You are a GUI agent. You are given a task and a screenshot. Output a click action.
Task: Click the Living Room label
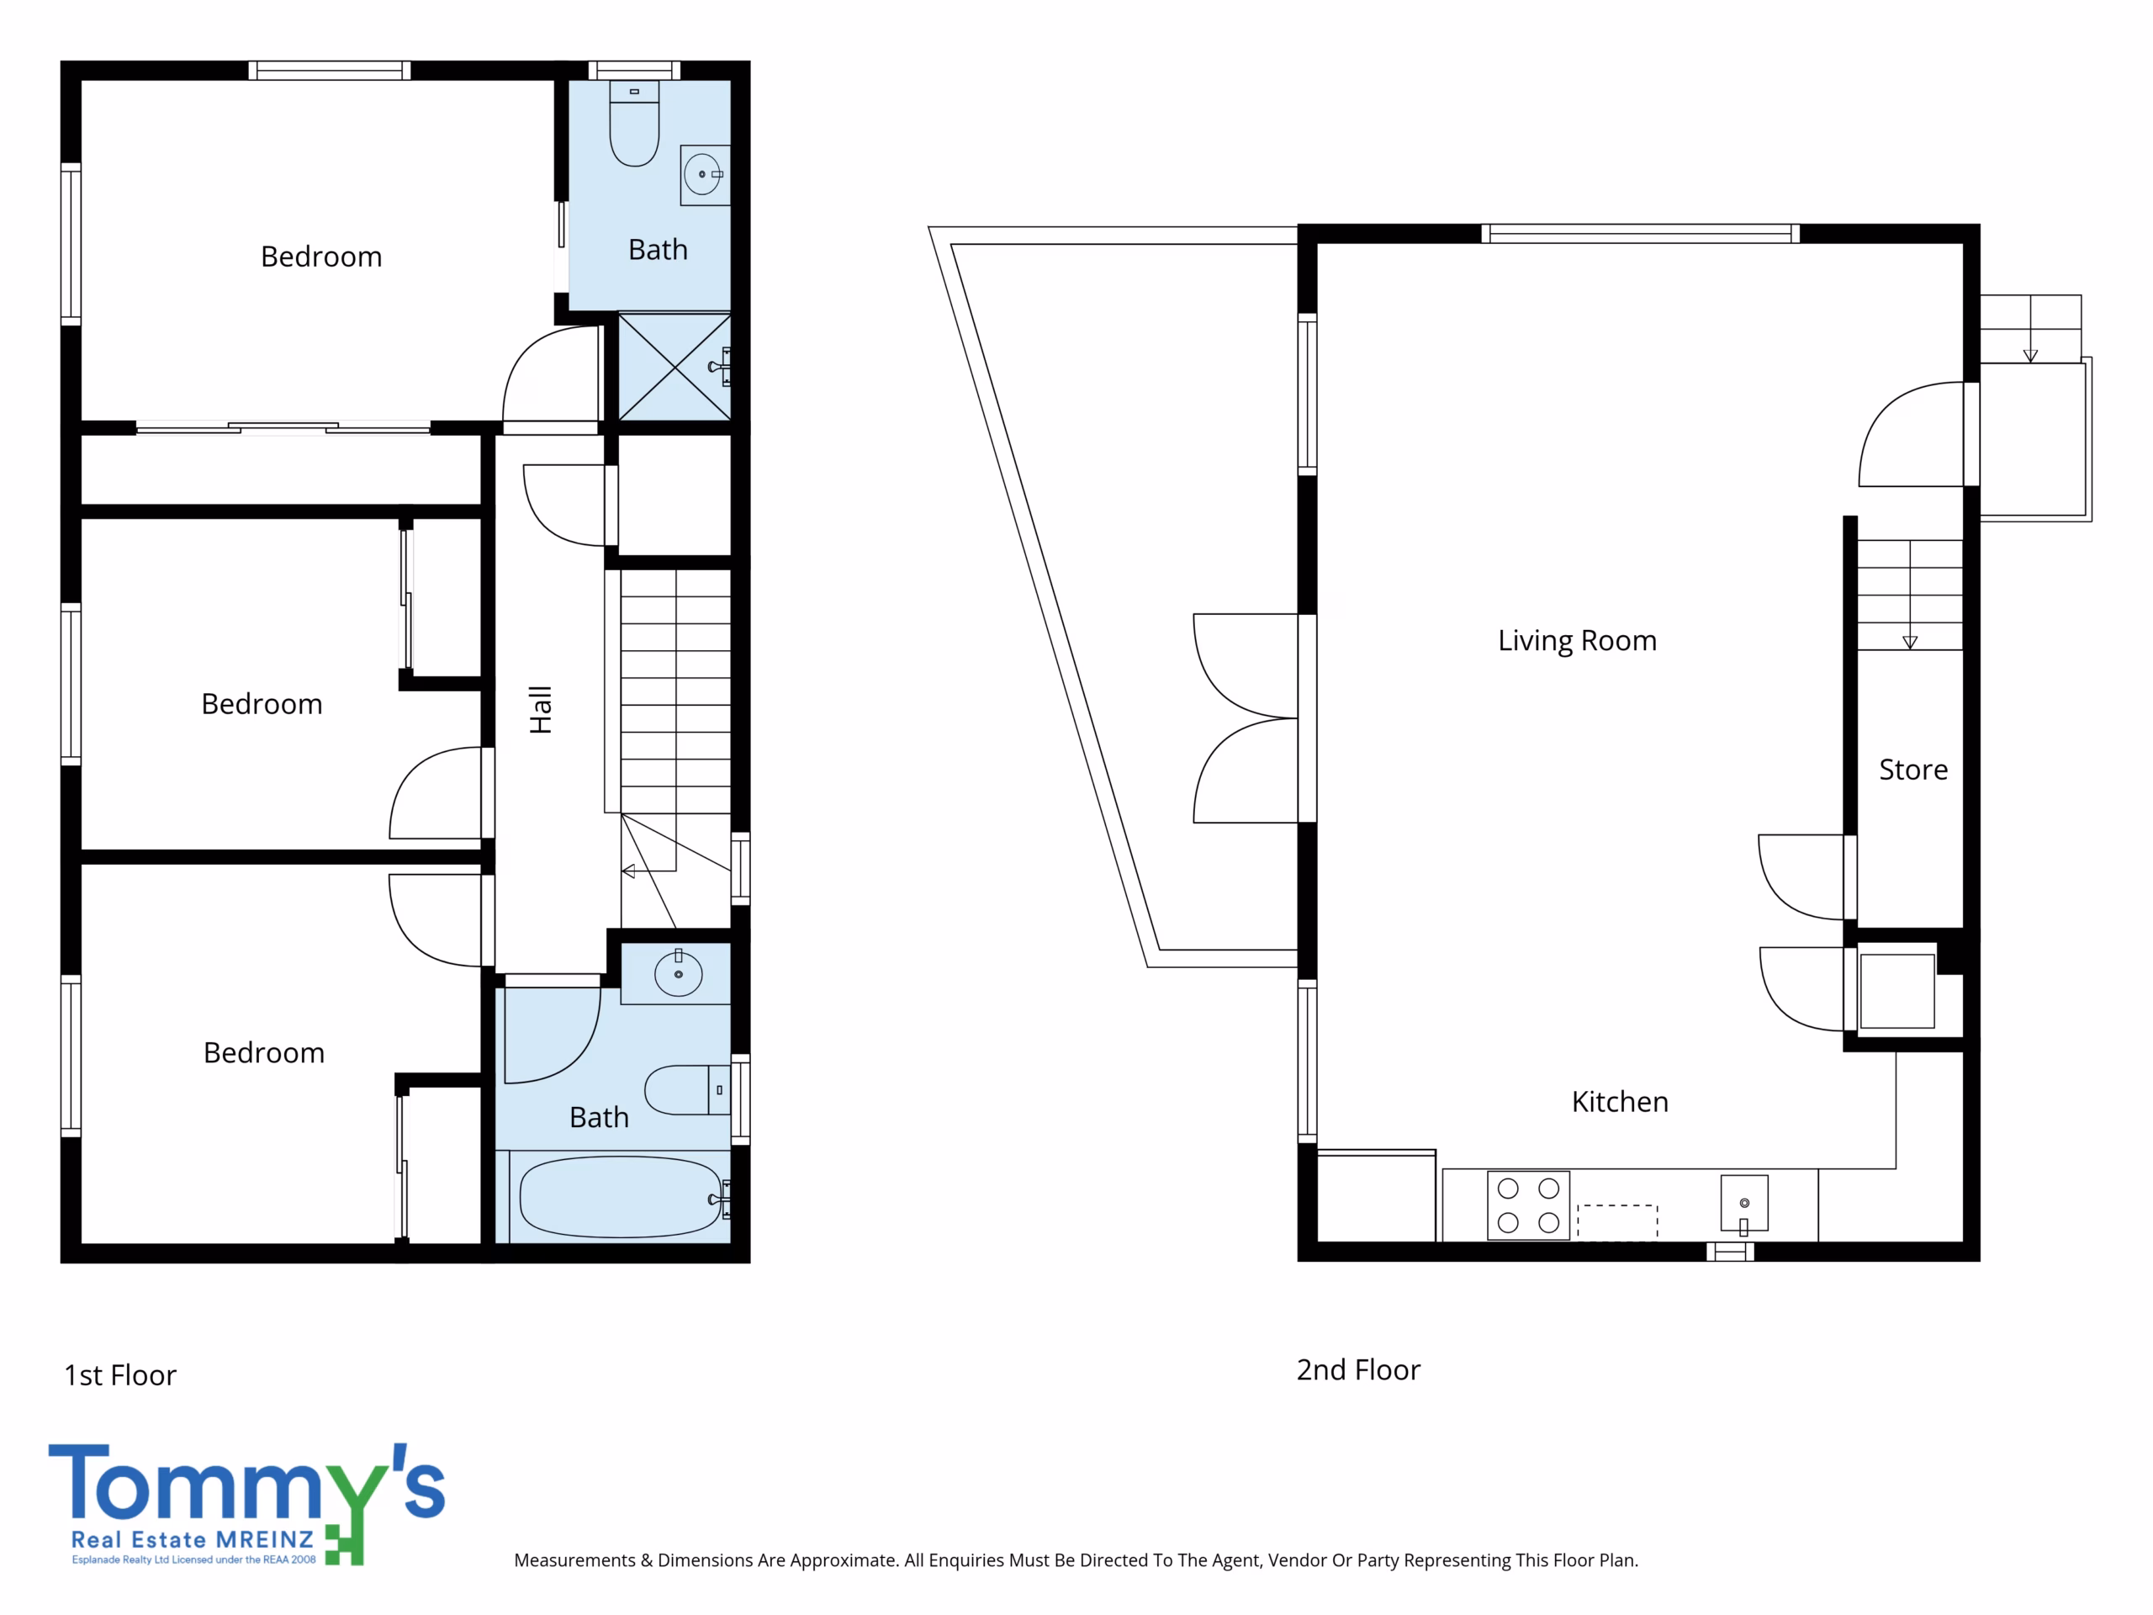[x=1577, y=641]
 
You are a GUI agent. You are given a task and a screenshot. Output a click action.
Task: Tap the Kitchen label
[x=1620, y=1102]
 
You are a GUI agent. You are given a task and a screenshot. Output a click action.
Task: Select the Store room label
[x=1912, y=770]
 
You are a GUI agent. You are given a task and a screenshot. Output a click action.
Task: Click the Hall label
[x=540, y=710]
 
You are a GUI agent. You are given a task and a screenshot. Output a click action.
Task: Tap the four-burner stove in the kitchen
[x=1528, y=1205]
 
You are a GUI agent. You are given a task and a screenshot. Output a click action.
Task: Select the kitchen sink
[x=1744, y=1205]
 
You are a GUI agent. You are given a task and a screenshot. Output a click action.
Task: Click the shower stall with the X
[x=674, y=367]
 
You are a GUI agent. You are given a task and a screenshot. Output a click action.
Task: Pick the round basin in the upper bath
[x=705, y=175]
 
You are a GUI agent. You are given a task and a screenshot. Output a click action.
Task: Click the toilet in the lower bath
[x=687, y=1090]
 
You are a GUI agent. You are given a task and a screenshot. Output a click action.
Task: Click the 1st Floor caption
[x=119, y=1375]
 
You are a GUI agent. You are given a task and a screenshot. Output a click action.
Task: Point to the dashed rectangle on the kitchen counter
[x=1616, y=1223]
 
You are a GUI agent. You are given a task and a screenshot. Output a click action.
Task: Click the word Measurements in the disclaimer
[x=575, y=1560]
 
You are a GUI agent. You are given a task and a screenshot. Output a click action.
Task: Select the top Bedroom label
[x=321, y=257]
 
